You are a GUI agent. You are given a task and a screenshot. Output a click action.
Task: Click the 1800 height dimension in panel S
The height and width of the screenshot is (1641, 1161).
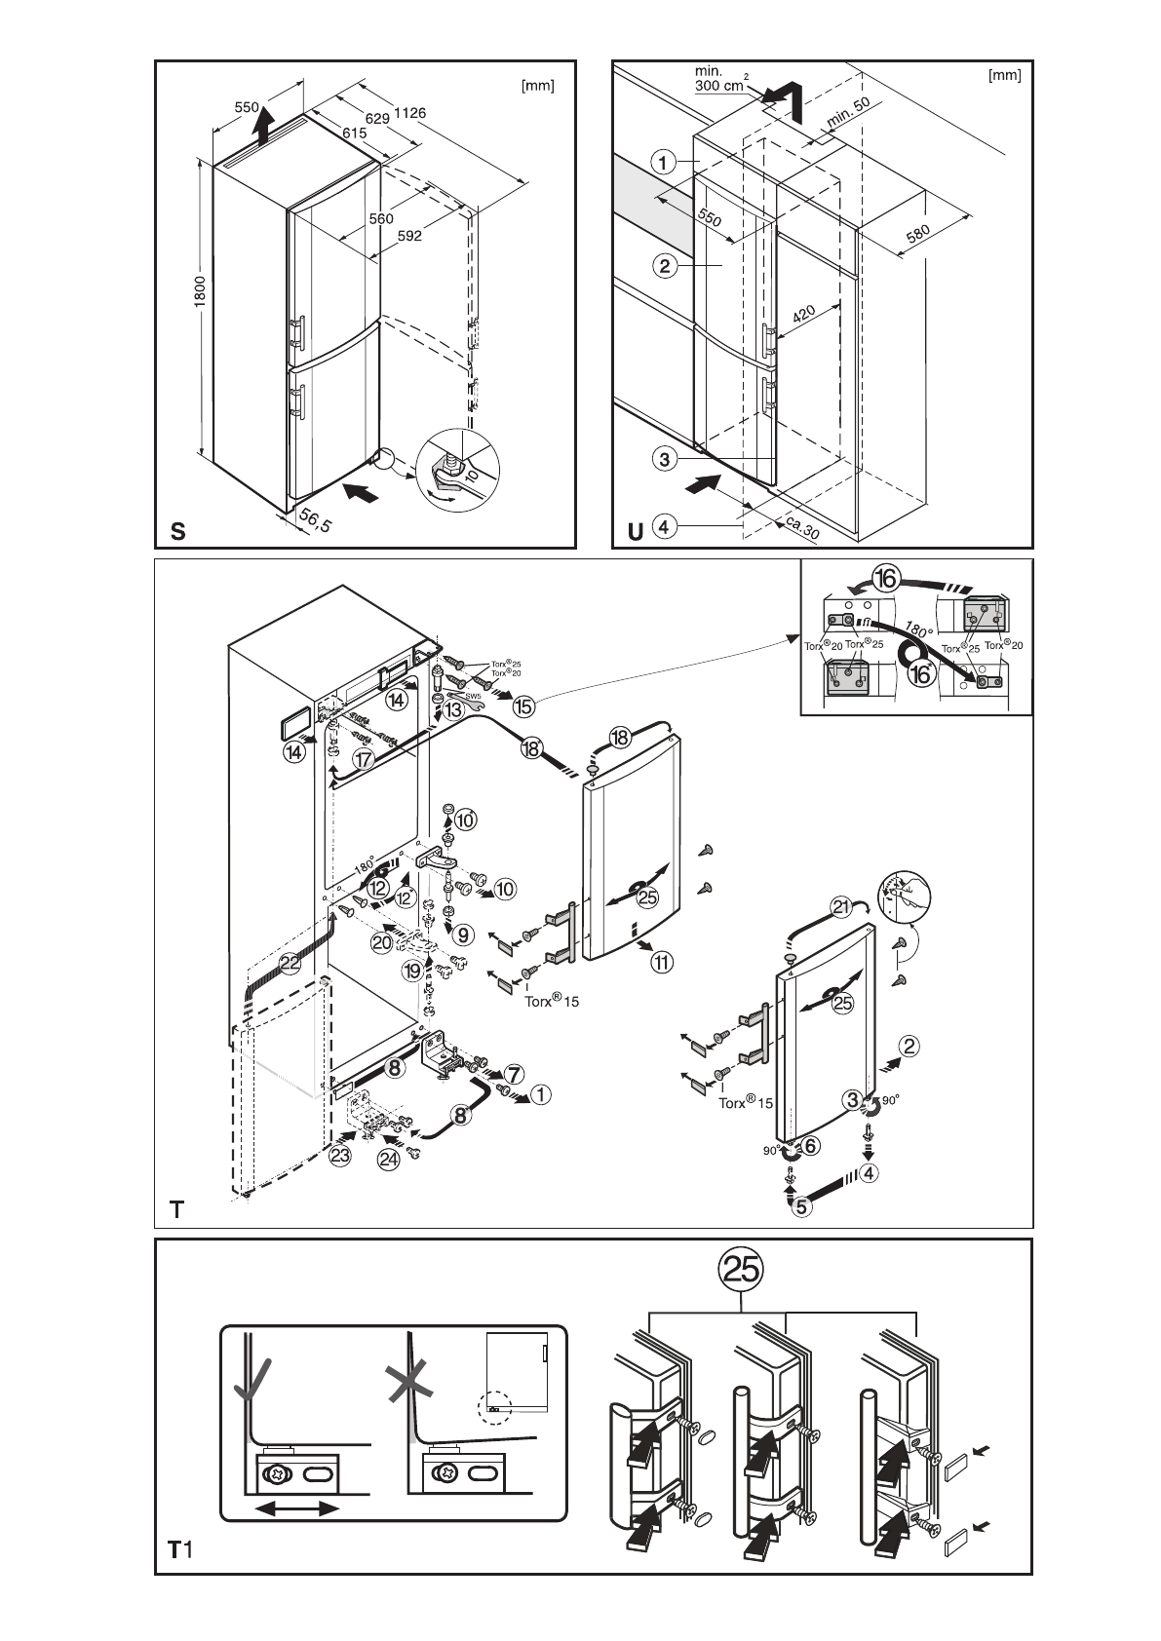(198, 292)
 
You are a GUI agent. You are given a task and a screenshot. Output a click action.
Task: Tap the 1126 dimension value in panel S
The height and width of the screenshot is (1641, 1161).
(409, 113)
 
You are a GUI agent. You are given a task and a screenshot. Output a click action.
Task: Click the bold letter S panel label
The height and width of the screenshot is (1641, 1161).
(177, 531)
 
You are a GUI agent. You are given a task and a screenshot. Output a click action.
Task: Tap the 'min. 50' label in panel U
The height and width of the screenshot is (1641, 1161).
(849, 114)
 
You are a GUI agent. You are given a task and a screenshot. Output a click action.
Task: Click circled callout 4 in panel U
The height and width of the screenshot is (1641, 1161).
(664, 527)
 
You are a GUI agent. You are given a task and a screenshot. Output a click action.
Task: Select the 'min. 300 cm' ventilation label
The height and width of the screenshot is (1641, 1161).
(719, 79)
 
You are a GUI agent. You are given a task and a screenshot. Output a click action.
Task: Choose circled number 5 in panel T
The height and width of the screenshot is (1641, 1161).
(801, 1206)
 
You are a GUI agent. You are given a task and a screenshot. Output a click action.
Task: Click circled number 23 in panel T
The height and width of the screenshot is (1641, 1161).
(339, 1157)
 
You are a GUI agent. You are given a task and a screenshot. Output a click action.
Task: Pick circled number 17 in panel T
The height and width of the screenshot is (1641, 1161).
(364, 759)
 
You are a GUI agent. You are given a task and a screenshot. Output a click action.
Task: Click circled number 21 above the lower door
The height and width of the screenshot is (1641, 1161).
(841, 907)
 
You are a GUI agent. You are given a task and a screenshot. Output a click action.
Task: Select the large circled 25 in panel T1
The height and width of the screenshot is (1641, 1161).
(741, 1269)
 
